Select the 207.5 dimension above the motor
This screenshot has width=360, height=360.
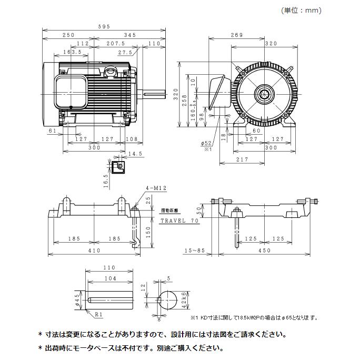115,44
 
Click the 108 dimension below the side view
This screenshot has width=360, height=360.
132,139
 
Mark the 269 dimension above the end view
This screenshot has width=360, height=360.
236,35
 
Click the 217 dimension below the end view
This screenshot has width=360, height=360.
243,159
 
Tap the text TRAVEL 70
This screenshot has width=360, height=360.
179,222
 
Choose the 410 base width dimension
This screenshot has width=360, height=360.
94,251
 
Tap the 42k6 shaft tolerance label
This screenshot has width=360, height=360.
183,301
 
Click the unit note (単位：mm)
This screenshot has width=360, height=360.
302,11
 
